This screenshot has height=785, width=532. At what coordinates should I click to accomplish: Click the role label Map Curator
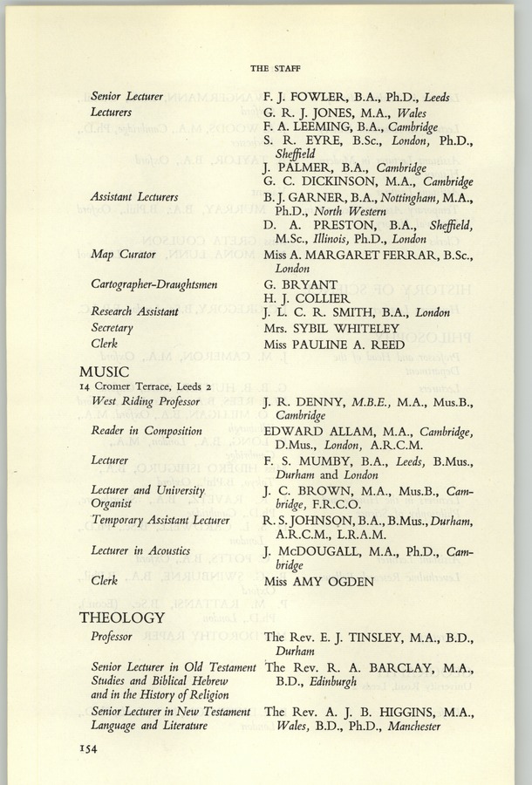[x=123, y=254]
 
